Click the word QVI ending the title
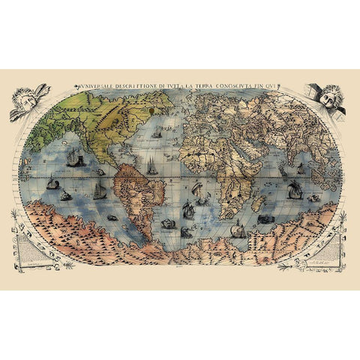click(x=274, y=85)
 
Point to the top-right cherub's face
click(x=328, y=96)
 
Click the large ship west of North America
click(x=73, y=158)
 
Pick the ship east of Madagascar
click(x=295, y=190)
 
